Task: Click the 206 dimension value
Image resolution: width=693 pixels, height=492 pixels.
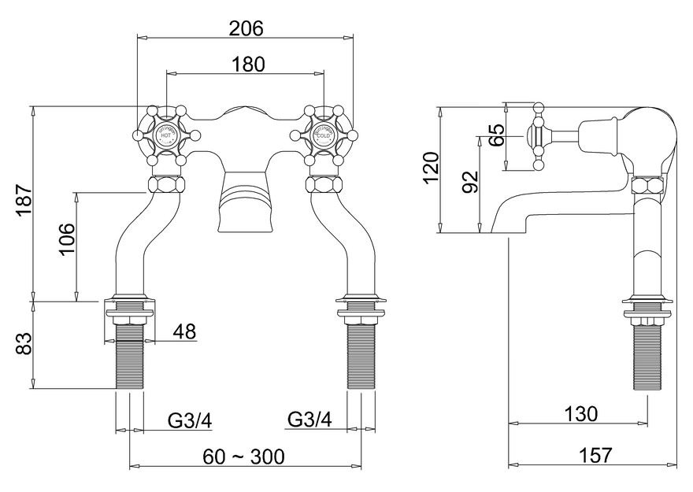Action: [246, 28]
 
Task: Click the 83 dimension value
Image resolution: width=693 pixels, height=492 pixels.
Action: [23, 345]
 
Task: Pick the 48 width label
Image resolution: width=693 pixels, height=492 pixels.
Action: [183, 331]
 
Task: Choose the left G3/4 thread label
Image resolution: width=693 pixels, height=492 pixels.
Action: [189, 420]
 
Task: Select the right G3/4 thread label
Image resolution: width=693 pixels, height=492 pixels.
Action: [309, 420]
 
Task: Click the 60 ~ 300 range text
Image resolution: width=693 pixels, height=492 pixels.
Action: [246, 456]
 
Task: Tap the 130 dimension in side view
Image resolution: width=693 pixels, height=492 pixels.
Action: [580, 413]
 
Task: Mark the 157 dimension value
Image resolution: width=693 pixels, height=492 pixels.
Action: [594, 455]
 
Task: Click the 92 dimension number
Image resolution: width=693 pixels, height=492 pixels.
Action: [470, 183]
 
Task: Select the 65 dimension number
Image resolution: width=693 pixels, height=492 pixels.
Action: [496, 135]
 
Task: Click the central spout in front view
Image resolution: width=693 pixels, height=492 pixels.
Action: [245, 202]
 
